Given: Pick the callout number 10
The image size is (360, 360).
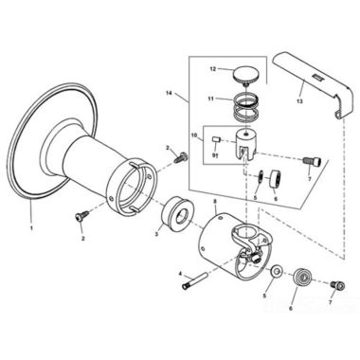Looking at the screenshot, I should coord(193,134).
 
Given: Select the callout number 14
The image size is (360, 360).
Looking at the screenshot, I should coord(171,93).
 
